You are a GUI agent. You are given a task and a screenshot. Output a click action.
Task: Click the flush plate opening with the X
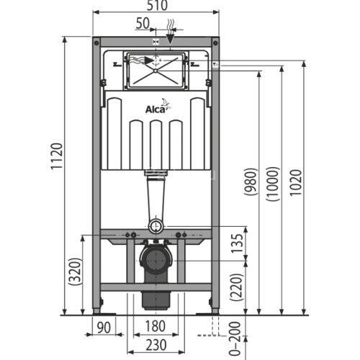pyautogui.click(x=156, y=71)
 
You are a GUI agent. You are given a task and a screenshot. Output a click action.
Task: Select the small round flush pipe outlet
pyautogui.click(x=155, y=226)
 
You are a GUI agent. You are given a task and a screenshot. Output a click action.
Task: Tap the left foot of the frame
pyautogui.click(x=97, y=310)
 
